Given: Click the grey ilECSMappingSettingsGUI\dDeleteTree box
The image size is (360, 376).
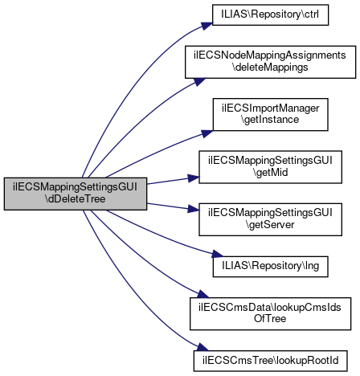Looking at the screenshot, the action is pyautogui.click(x=76, y=194).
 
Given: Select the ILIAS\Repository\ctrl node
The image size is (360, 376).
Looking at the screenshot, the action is pyautogui.click(x=270, y=15).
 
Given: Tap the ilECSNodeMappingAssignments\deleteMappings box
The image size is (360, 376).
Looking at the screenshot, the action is pyautogui.click(x=270, y=62).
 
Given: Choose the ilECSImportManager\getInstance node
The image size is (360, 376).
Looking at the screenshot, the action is pyautogui.click(x=270, y=114).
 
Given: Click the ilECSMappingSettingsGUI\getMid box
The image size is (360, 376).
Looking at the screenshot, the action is pyautogui.click(x=270, y=167).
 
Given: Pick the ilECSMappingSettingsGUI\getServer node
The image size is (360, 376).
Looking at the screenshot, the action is pyautogui.click(x=270, y=219).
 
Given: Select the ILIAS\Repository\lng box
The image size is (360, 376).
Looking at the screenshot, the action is pyautogui.click(x=270, y=267).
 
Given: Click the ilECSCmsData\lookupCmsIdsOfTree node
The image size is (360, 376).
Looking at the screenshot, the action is pyautogui.click(x=270, y=313).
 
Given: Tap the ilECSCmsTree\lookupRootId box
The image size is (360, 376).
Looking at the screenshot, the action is pyautogui.click(x=270, y=361).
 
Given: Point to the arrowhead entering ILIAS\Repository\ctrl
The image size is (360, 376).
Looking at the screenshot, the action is pyautogui.click(x=207, y=26).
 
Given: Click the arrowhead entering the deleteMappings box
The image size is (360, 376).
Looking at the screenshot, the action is pyautogui.click(x=200, y=81).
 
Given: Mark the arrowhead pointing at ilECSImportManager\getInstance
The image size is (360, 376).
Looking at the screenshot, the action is pyautogui.click(x=207, y=133).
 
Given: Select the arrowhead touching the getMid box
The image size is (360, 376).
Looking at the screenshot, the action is pyautogui.click(x=194, y=178).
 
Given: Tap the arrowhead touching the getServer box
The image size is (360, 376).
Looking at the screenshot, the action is pyautogui.click(x=194, y=209).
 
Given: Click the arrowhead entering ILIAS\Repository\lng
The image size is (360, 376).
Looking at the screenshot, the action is pyautogui.click(x=218, y=254).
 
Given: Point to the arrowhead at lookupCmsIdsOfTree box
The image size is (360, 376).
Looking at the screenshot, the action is pyautogui.click(x=203, y=294).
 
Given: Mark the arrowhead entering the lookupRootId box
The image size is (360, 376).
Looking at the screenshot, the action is pyautogui.click(x=202, y=347).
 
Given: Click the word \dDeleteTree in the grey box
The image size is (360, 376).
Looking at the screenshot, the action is pyautogui.click(x=76, y=199).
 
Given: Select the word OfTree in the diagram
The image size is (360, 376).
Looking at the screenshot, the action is pyautogui.click(x=270, y=319).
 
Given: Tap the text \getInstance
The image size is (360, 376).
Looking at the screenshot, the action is pyautogui.click(x=270, y=120).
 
